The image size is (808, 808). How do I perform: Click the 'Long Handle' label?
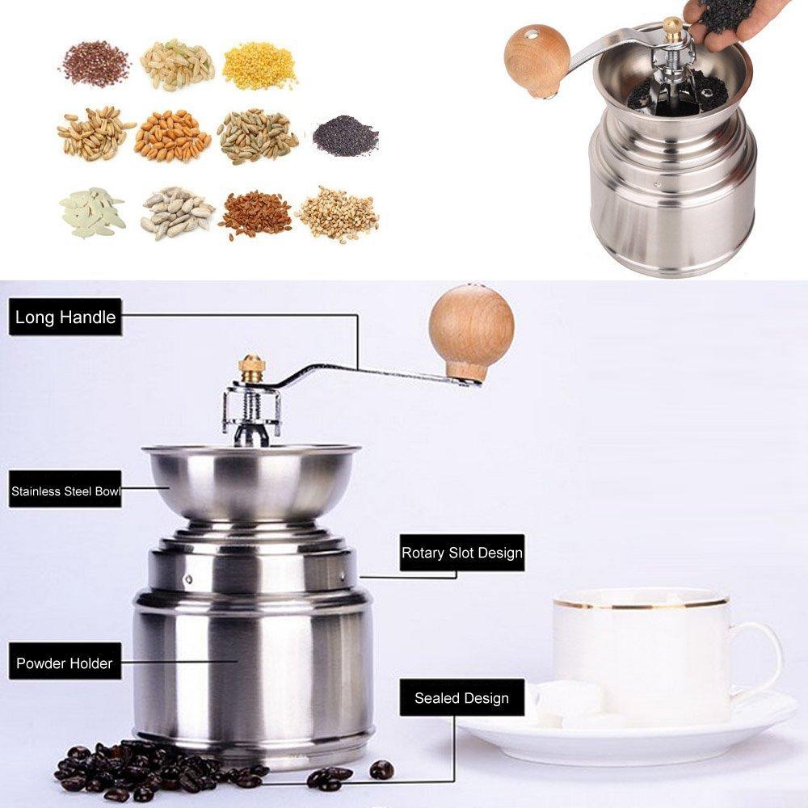click(x=65, y=317)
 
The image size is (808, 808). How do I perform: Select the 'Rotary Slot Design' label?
click(x=462, y=553)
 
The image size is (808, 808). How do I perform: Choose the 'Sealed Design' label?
click(x=461, y=698)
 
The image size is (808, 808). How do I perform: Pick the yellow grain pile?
click(x=260, y=65)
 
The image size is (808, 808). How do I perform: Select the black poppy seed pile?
click(x=346, y=133)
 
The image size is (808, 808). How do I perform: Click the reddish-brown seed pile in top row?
click(x=95, y=63)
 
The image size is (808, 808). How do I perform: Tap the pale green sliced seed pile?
click(x=92, y=213)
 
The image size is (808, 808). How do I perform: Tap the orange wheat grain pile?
click(x=173, y=136)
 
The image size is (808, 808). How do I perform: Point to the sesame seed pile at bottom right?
click(x=339, y=213)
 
